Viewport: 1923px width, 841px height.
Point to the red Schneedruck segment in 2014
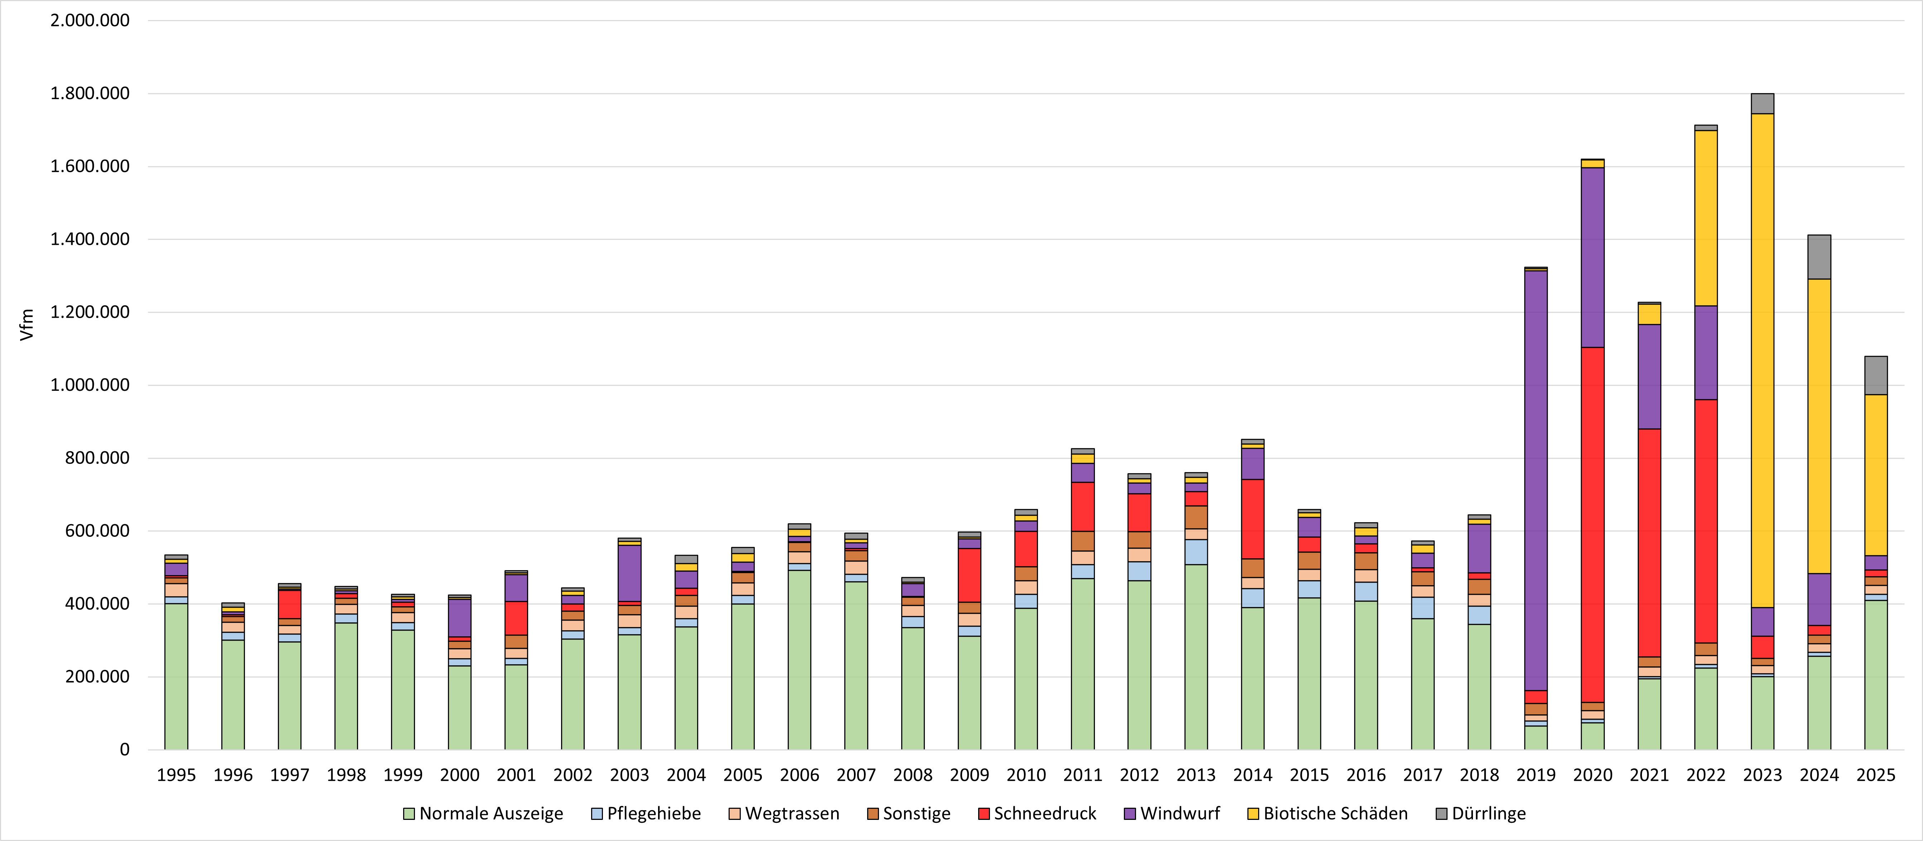(x=1253, y=519)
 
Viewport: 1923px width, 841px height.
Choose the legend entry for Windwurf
(x=1172, y=813)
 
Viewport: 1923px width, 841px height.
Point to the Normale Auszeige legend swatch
(x=409, y=813)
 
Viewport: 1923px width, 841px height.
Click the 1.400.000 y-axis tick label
(x=90, y=239)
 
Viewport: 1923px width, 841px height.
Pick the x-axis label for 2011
(x=1082, y=776)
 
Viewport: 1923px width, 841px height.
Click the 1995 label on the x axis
(x=176, y=776)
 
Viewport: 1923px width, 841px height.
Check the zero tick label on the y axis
(x=125, y=750)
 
